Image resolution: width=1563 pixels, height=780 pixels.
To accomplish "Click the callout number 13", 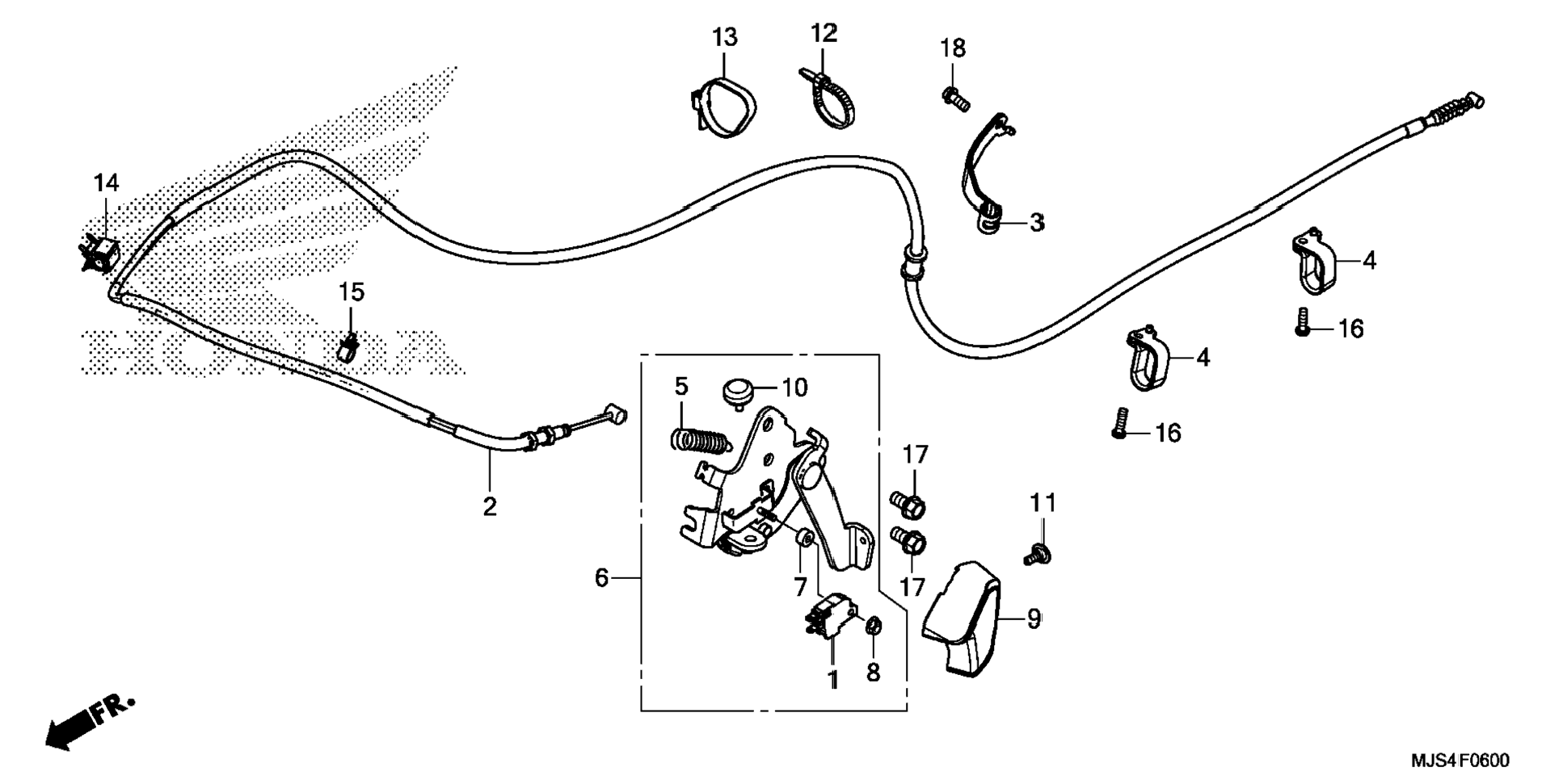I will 724,37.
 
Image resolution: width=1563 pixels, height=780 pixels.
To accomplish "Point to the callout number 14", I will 106,183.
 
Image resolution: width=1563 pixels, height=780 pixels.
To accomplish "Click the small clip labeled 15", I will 348,348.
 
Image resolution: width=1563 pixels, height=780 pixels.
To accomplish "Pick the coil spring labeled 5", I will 700,441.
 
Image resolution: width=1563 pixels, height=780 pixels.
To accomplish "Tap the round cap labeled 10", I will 736,393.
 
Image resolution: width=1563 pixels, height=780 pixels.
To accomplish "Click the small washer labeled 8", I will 874,626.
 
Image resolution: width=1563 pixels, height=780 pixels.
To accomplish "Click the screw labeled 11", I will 1035,556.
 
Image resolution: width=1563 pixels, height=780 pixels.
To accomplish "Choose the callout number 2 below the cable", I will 489,507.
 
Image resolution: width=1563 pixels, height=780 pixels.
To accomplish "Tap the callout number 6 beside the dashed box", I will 601,578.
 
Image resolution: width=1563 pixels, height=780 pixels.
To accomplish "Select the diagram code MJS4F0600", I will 1460,761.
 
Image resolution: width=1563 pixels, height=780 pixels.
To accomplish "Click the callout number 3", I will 1037,222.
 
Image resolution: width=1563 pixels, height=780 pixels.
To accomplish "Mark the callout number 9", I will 1034,619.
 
